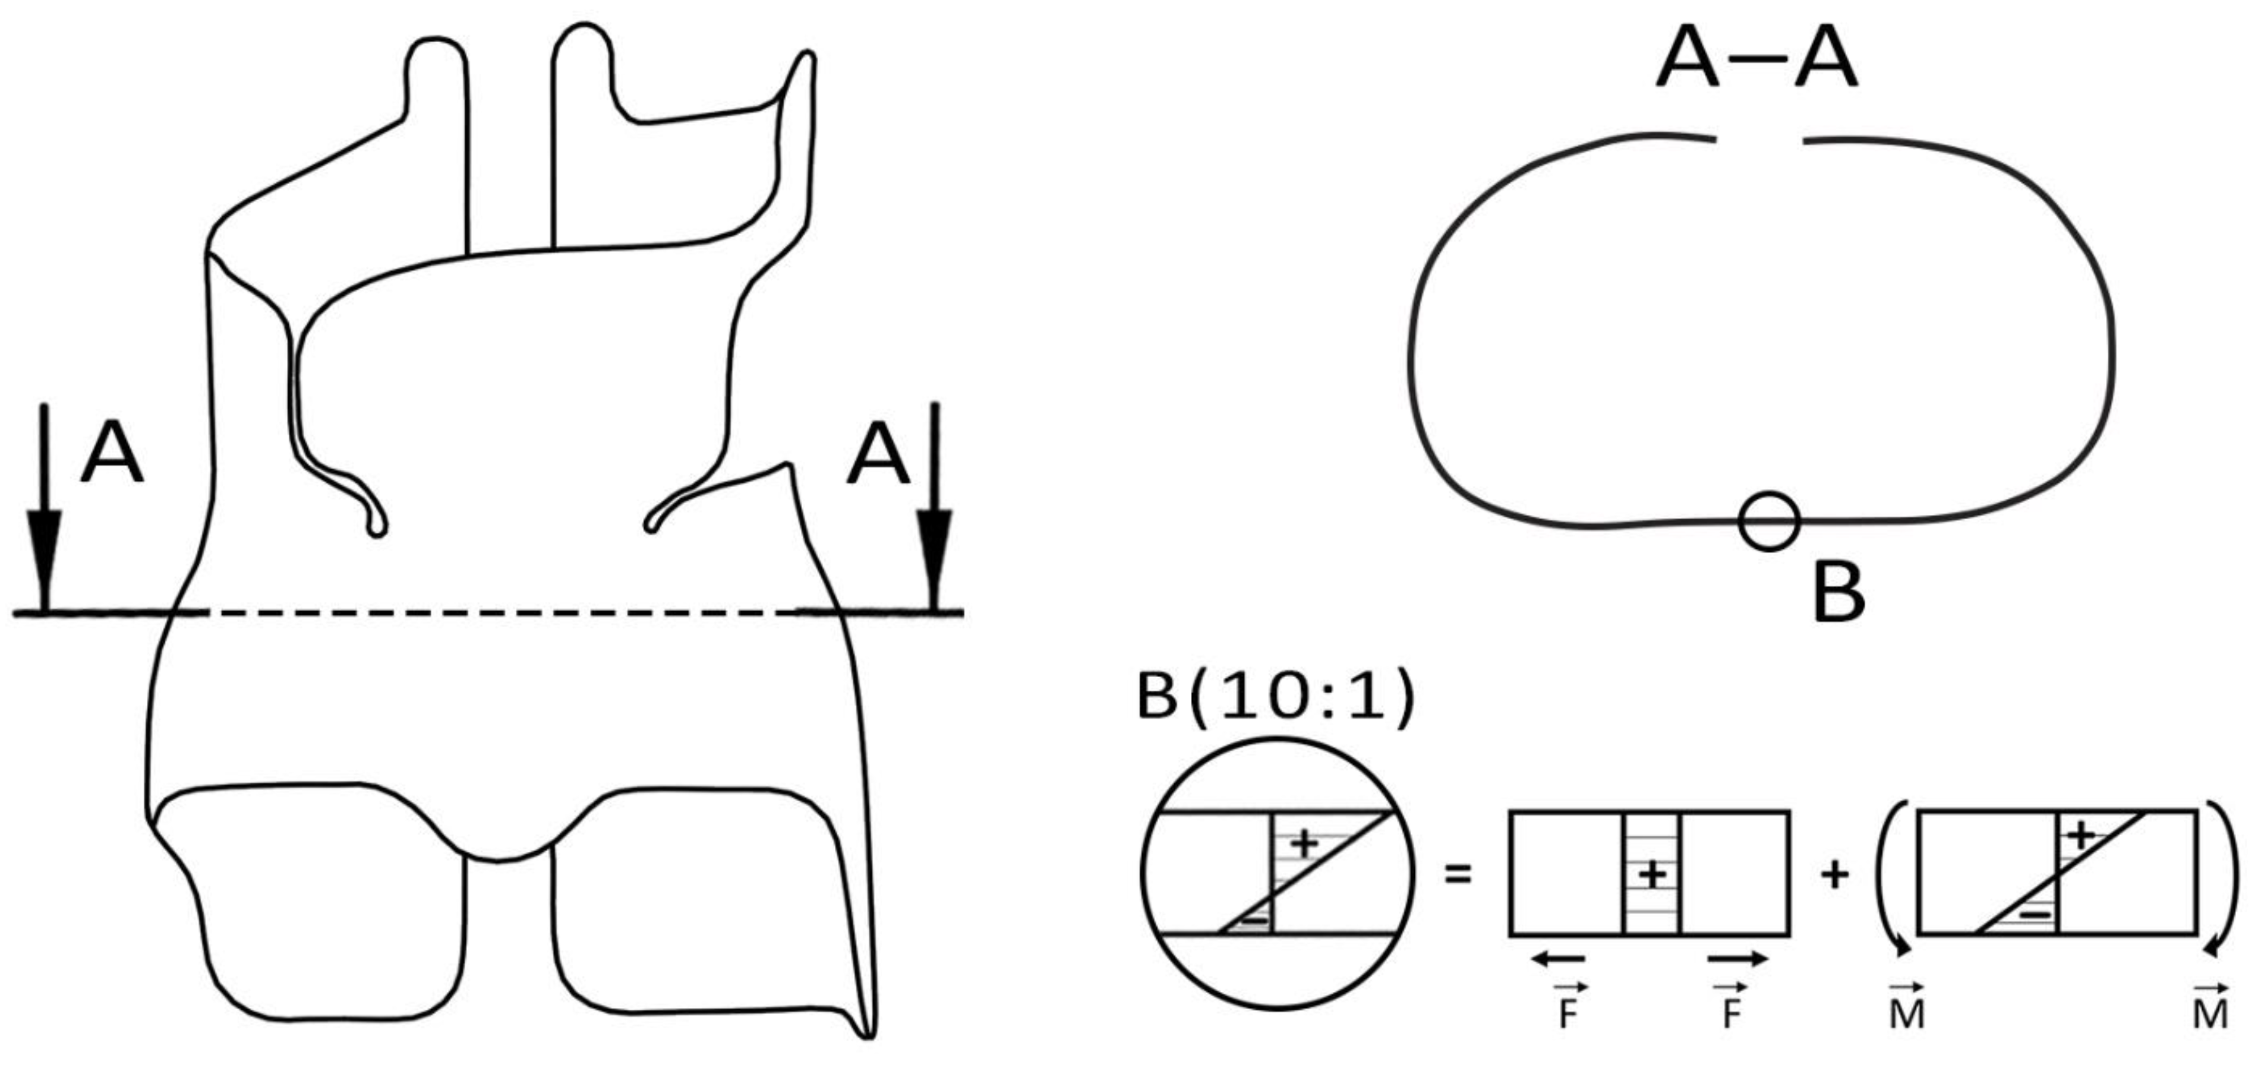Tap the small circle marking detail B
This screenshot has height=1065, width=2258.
(x=1769, y=521)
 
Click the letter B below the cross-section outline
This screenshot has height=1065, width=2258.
(x=1838, y=593)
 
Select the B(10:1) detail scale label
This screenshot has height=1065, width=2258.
(x=1275, y=699)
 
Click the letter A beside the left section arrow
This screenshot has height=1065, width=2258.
(x=111, y=454)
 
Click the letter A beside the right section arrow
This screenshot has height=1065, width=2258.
(x=878, y=454)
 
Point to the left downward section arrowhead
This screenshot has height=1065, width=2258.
(x=45, y=552)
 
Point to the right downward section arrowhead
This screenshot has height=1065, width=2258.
(x=935, y=552)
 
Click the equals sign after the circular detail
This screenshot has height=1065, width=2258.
(x=1458, y=874)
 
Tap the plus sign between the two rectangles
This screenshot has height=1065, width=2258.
(x=1835, y=874)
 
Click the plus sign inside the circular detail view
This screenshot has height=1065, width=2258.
(x=1305, y=844)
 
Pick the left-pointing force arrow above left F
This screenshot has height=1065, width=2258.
(x=1557, y=959)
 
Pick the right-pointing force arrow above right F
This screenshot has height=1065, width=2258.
(x=1737, y=959)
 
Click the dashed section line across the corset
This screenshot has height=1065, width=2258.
(x=500, y=613)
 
